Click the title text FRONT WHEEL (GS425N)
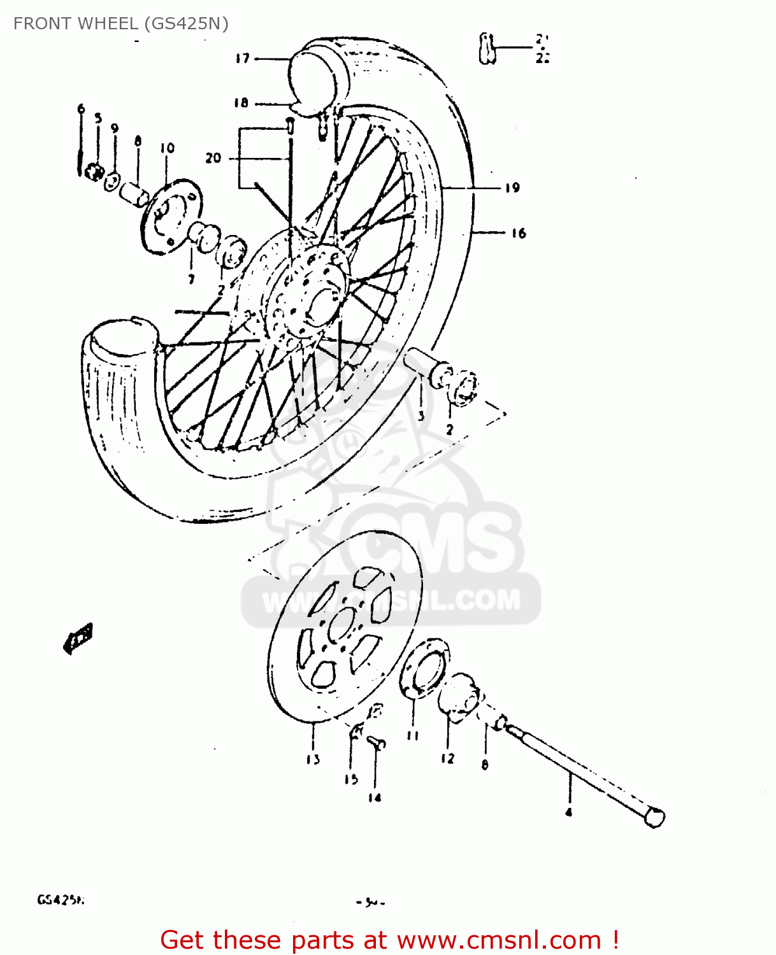[x=120, y=24]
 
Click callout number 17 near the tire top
[x=242, y=59]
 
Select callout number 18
[x=241, y=103]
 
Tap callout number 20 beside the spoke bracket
[x=213, y=157]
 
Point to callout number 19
[x=512, y=188]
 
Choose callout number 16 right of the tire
[x=519, y=233]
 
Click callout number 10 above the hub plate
[x=167, y=148]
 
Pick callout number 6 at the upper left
[x=81, y=108]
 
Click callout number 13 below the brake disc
[x=313, y=759]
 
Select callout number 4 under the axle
[x=569, y=812]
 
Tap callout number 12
[x=448, y=758]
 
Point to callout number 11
[x=413, y=735]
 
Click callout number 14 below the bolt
[x=375, y=797]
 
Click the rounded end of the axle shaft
[x=654, y=816]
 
